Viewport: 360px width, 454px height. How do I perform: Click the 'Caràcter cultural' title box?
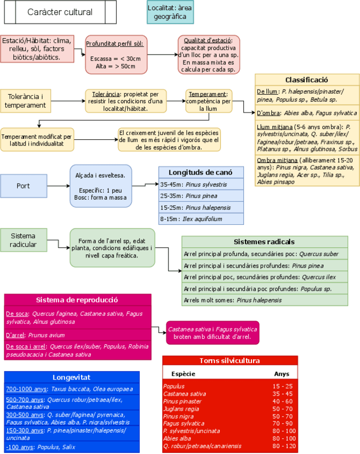pyautogui.click(x=59, y=12)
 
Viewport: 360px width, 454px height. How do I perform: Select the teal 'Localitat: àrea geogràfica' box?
pyautogui.click(x=170, y=12)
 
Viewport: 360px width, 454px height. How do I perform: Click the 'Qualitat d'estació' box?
pyautogui.click(x=208, y=55)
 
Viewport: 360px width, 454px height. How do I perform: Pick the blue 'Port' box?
pyautogui.click(x=23, y=186)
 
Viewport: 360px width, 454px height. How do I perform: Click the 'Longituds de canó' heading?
pyautogui.click(x=201, y=172)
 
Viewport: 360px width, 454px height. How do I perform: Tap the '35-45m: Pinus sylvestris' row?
pyautogui.click(x=201, y=184)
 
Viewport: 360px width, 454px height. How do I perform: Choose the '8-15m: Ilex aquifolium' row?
pyautogui.click(x=201, y=218)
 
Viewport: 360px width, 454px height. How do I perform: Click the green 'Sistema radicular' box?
pyautogui.click(x=24, y=240)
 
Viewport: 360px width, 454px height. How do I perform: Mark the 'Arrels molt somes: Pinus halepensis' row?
pyautogui.click(x=264, y=300)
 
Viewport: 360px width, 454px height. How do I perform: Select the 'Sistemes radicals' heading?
pyautogui.click(x=264, y=241)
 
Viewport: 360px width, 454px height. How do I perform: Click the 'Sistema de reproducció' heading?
pyautogui.click(x=77, y=300)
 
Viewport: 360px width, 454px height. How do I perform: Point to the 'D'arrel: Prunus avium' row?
pyautogui.click(x=77, y=335)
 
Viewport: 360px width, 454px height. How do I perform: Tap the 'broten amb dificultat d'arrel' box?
pyautogui.click(x=212, y=332)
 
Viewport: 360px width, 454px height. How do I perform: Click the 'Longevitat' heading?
pyautogui.click(x=72, y=377)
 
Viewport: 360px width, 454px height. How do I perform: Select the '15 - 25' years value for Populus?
pyautogui.click(x=282, y=385)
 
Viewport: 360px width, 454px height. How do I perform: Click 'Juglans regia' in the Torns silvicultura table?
pyautogui.click(x=181, y=408)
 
